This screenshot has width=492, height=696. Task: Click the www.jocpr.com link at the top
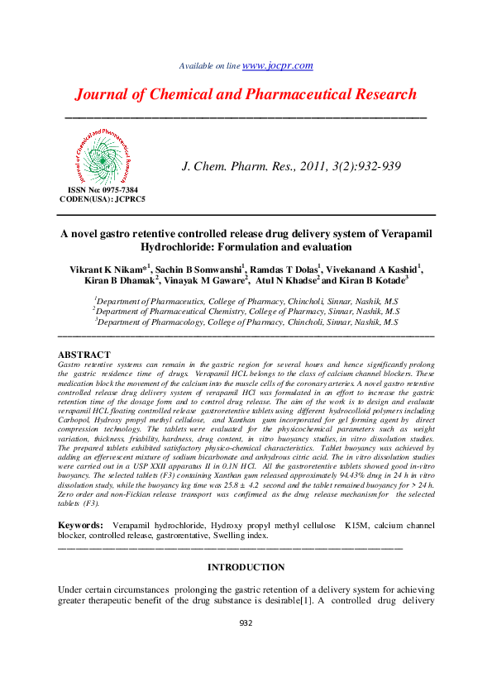click(277, 65)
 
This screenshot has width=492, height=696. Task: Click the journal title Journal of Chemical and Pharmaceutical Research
click(246, 94)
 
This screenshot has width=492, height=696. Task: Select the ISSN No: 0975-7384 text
click(103, 189)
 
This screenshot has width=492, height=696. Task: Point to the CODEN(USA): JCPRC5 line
click(103, 199)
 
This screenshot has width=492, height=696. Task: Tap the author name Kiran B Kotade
click(373, 281)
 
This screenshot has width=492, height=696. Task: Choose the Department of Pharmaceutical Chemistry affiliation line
click(246, 311)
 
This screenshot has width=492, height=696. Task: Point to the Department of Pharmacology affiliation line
click(246, 322)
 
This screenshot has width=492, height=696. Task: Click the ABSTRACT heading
click(83, 354)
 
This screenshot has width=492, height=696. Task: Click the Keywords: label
click(80, 525)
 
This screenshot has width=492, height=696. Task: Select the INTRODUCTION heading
click(246, 567)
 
